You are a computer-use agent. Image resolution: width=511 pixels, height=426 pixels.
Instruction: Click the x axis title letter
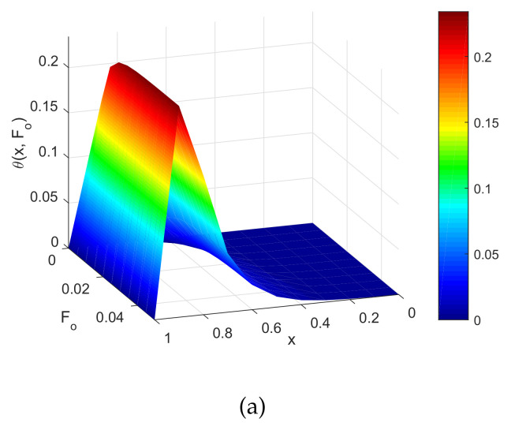(x=292, y=341)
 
